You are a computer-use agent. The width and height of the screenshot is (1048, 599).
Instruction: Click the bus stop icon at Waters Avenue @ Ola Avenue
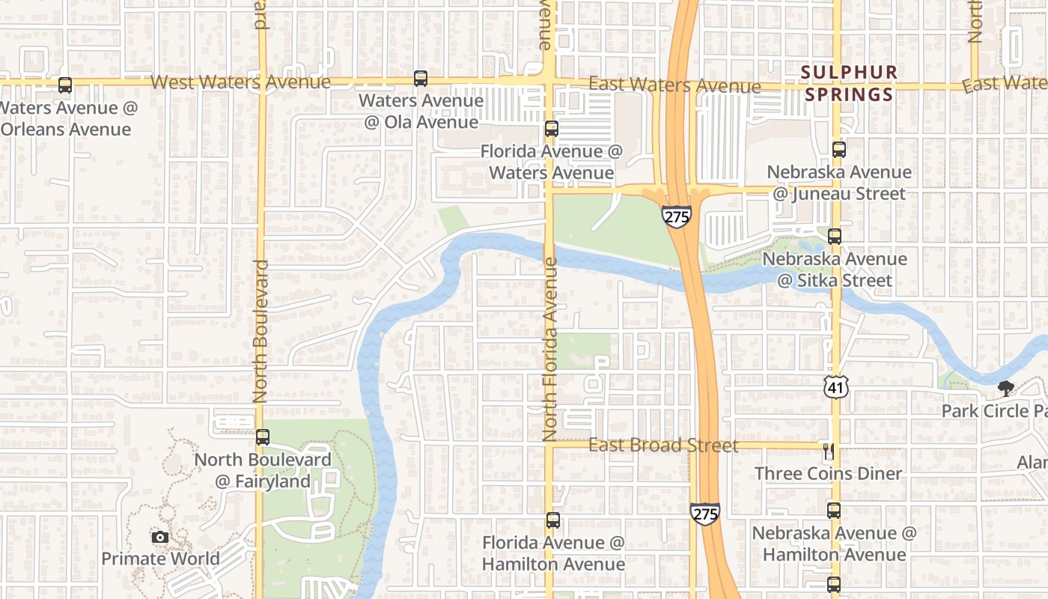pos(421,78)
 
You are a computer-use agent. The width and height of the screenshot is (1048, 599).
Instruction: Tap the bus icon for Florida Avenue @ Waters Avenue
pos(552,129)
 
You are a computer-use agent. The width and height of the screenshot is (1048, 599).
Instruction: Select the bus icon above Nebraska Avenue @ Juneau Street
pos(839,150)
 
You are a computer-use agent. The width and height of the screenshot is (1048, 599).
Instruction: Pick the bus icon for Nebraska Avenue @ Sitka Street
pos(835,237)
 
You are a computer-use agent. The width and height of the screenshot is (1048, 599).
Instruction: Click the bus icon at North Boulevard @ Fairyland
pos(263,437)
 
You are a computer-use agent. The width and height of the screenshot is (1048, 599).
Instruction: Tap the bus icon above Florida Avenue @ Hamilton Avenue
pos(553,520)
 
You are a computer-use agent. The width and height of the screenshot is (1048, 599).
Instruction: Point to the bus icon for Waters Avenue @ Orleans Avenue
pos(65,85)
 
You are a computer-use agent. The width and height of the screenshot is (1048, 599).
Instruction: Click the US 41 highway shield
pos(835,387)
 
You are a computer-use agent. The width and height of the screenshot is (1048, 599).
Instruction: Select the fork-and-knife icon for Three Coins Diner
pos(829,451)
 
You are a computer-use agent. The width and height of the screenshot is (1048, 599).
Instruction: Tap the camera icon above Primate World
pos(160,537)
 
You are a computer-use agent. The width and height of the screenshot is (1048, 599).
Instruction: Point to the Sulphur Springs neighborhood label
pos(849,83)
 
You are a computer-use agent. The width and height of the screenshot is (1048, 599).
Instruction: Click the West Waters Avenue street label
pos(240,82)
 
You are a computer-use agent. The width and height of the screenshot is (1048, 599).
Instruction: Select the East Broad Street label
pos(663,446)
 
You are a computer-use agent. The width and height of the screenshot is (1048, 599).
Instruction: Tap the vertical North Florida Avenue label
pos(551,349)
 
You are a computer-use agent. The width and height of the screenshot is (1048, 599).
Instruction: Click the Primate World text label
pos(160,559)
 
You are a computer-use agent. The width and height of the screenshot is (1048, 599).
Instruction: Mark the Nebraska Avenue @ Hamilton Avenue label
pos(834,544)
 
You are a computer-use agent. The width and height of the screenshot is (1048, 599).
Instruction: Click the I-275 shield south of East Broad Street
pos(705,513)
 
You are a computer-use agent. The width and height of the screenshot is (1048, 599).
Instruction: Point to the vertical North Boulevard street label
pos(261,332)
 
